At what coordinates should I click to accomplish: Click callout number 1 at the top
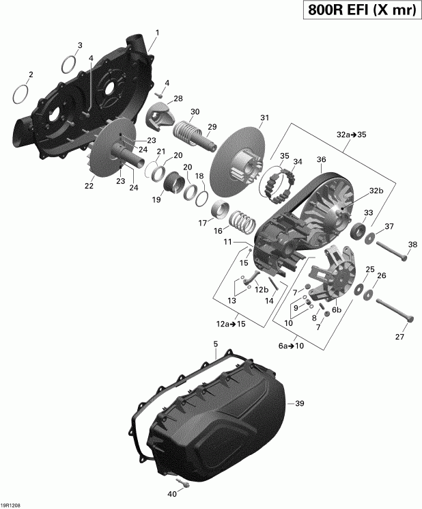(157, 32)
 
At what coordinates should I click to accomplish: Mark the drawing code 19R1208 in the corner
(11, 504)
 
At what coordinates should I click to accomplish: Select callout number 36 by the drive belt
(321, 161)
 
